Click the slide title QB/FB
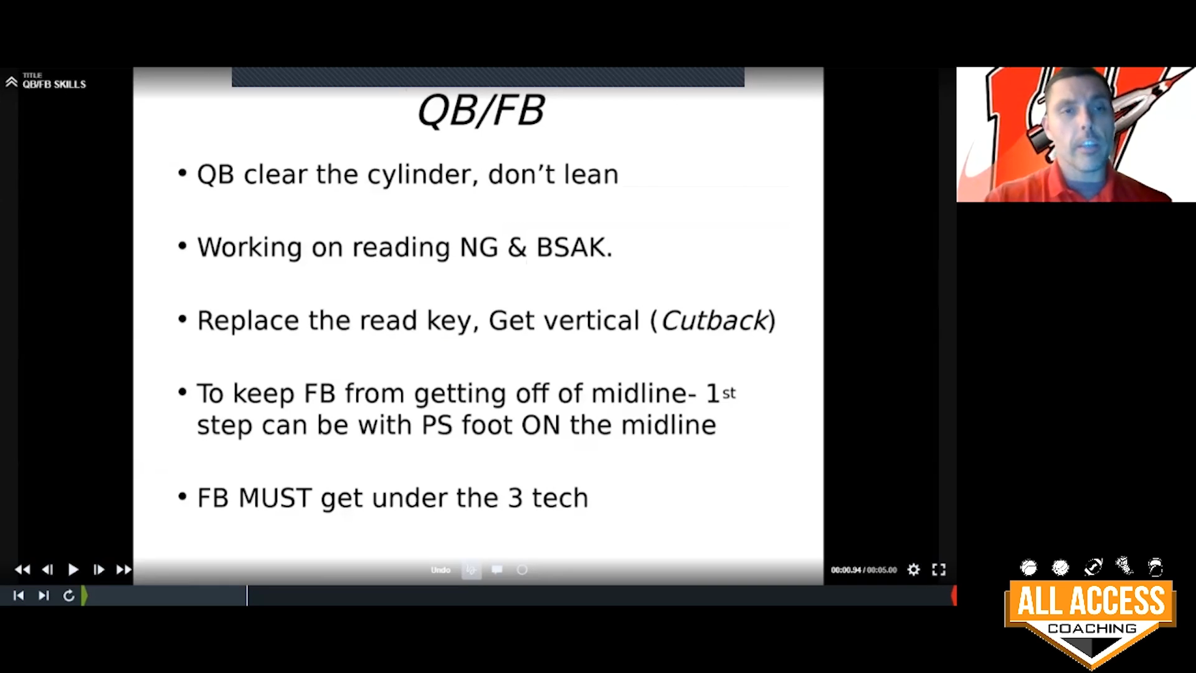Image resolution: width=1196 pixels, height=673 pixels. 480,111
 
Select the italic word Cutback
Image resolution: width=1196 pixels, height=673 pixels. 714,320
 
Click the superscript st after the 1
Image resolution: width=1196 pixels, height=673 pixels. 729,393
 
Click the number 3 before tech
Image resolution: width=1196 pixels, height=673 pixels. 515,498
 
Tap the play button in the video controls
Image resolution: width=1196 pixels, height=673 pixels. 73,570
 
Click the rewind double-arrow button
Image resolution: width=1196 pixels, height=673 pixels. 22,570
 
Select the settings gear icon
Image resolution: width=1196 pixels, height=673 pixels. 913,570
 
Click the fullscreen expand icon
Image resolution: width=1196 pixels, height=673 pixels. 939,570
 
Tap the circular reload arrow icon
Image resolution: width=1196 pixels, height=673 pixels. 69,596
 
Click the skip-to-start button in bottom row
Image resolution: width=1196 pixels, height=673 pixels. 18,596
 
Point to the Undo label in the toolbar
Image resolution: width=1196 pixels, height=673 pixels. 440,570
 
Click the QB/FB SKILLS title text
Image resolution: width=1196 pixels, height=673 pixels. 54,84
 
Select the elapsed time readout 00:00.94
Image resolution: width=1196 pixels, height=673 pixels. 846,570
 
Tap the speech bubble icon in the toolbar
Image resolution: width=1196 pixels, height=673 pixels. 496,570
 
